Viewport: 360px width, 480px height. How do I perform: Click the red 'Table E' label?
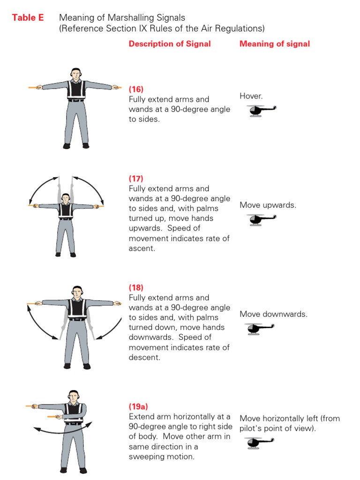point(28,17)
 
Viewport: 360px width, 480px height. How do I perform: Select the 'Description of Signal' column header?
point(170,44)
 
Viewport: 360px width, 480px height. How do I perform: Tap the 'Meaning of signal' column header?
point(275,44)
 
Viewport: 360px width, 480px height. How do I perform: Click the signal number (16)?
point(136,89)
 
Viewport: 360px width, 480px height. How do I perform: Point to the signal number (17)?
point(136,179)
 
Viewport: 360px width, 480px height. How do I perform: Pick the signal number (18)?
point(136,287)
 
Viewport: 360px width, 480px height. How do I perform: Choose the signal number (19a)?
point(138,406)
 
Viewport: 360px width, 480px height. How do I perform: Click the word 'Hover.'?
point(251,96)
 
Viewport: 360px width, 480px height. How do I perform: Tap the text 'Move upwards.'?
point(268,205)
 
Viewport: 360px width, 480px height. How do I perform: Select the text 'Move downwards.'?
point(273,314)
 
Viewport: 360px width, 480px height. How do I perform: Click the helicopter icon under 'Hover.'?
point(261,111)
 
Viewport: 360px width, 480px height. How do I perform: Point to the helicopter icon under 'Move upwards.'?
point(261,220)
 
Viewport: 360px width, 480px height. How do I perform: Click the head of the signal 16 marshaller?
point(76,74)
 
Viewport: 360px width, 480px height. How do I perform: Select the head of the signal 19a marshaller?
point(74,397)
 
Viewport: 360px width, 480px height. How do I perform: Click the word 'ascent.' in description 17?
point(142,248)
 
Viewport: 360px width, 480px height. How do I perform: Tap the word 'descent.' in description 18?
point(144,357)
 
